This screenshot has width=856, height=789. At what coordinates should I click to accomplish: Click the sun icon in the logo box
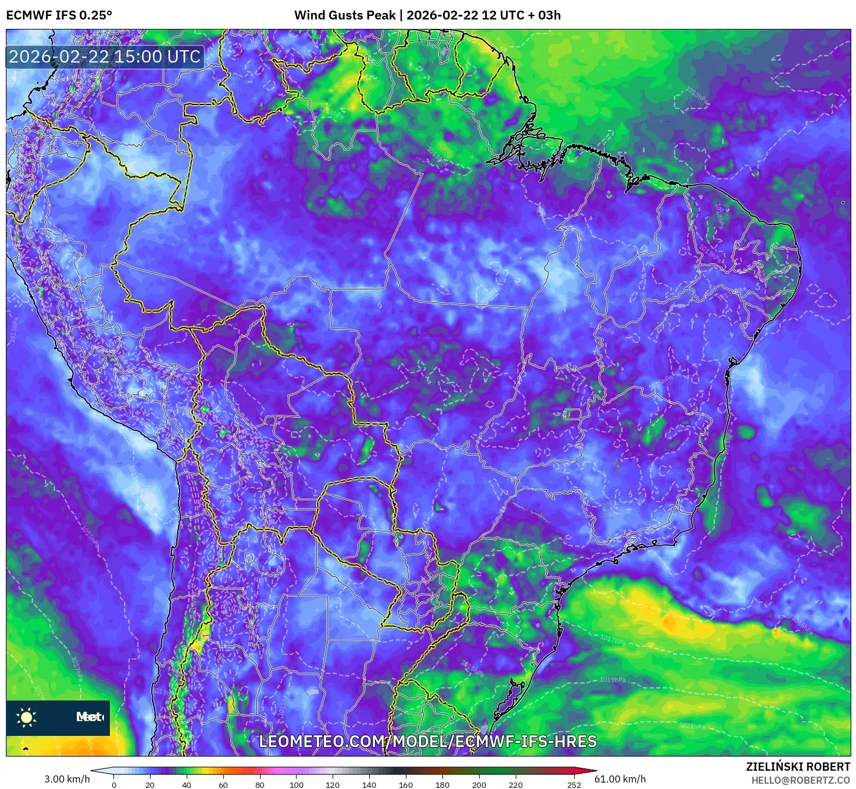point(27,718)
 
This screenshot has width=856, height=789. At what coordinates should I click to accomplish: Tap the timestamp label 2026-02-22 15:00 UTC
point(105,57)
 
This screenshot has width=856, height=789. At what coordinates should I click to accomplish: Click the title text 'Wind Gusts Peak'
point(344,15)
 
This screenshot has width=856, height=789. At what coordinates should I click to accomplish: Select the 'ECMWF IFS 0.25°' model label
point(59,15)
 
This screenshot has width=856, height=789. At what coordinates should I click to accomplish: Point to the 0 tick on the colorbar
point(114,784)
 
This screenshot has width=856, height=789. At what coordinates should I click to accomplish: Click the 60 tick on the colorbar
point(223,784)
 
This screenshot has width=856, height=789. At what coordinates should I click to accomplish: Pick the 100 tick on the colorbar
point(297,784)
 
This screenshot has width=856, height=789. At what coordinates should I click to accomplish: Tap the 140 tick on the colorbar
point(369,784)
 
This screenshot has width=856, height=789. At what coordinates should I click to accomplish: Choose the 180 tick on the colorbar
point(442,784)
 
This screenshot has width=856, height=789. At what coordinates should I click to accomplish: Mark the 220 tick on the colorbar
point(516,784)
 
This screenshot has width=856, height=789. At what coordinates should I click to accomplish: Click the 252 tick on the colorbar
point(574,784)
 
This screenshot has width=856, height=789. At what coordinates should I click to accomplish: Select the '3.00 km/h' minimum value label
point(67,779)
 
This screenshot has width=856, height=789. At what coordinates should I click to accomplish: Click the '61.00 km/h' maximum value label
point(620,779)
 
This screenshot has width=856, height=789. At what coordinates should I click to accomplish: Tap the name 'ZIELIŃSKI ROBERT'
point(798,767)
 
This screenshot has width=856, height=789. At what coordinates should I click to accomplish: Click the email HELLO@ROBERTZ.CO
point(800,780)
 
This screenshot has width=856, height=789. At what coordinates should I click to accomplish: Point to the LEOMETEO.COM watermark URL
point(428,741)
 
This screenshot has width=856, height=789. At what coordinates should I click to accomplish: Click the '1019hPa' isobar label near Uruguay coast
point(613,680)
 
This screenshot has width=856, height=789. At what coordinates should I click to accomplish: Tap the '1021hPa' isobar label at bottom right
point(692,726)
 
